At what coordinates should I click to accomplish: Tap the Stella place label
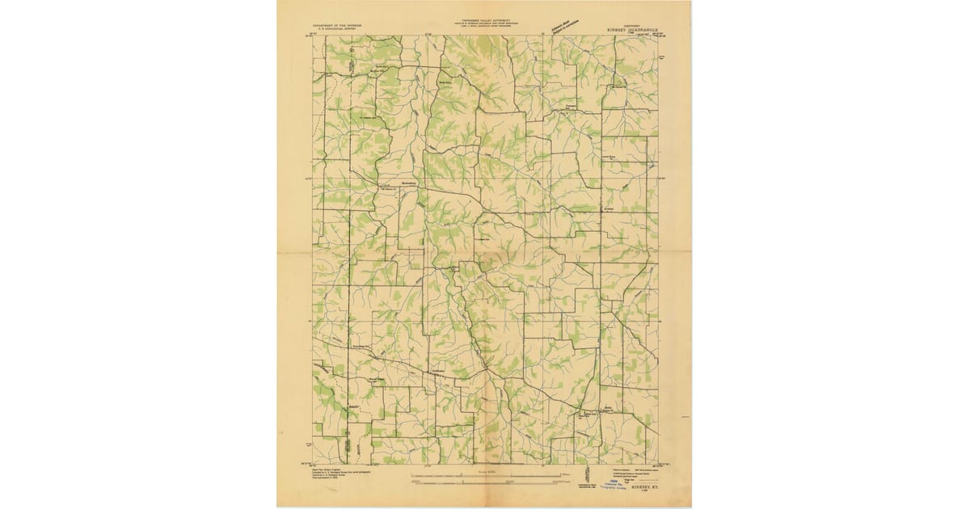pos(608,410)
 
